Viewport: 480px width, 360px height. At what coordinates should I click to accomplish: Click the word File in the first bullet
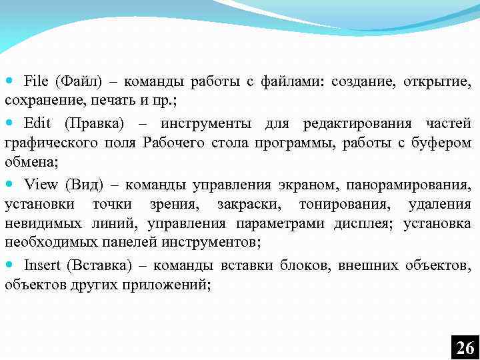[36, 82]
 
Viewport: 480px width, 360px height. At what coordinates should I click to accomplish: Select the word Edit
[37, 123]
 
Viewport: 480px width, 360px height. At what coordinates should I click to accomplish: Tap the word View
[41, 185]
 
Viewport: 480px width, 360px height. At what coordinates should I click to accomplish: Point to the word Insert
[41, 265]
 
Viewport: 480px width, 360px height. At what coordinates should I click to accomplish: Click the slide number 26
[465, 347]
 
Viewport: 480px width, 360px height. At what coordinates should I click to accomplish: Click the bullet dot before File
[9, 82]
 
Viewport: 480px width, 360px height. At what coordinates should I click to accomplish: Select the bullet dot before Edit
[9, 123]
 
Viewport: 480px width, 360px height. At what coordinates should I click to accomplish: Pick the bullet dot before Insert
[9, 265]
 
